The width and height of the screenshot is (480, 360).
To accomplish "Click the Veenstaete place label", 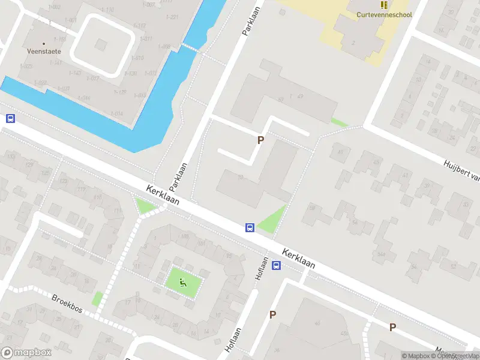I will (x=44, y=52).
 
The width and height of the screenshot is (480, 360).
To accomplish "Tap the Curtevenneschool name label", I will (x=384, y=14).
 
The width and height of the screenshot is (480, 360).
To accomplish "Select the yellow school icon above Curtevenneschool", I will (x=384, y=4).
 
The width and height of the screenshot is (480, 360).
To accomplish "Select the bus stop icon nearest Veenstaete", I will (x=10, y=119).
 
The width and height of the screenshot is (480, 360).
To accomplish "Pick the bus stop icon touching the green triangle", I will (x=250, y=227).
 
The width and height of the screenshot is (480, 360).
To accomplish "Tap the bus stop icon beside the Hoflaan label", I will (x=277, y=265).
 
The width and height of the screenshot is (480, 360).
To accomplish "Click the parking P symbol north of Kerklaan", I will (x=260, y=140).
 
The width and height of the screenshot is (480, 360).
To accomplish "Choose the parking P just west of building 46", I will (x=272, y=314).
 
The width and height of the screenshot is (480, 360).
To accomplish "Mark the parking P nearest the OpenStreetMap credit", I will (x=392, y=327).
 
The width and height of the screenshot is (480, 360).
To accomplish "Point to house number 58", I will (x=311, y=207).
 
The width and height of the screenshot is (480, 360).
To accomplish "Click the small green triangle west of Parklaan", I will (x=145, y=206).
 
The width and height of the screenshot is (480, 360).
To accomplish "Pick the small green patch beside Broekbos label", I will (x=97, y=298).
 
